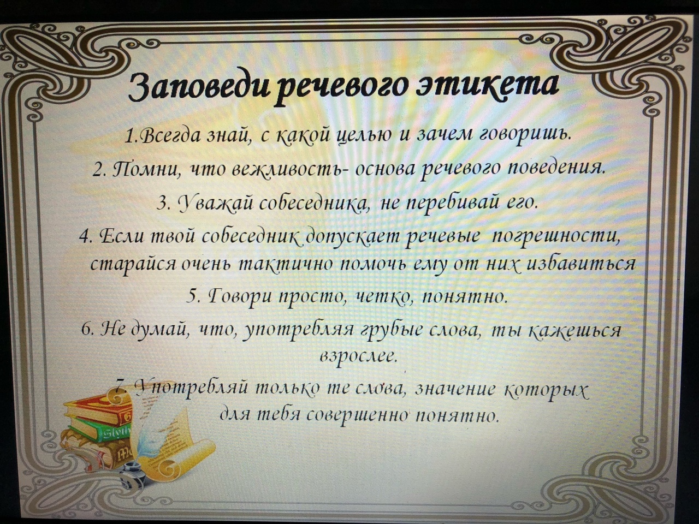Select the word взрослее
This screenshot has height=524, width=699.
(358, 359)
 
